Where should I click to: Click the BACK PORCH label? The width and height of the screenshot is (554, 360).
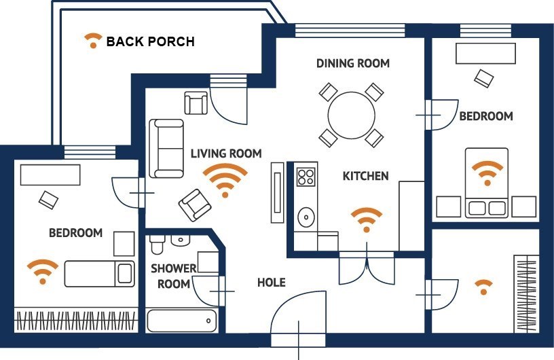point(150,41)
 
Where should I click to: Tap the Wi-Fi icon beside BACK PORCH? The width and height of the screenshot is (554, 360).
point(91,41)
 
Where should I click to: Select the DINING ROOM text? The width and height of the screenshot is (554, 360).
point(353,63)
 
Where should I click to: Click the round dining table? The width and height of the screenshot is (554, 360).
point(351,115)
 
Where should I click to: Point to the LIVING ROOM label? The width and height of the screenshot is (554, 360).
point(225,154)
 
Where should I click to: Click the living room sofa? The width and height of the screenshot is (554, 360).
point(166,147)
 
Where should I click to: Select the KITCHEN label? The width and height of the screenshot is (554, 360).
point(365,176)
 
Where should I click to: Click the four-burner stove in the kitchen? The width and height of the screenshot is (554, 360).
point(306,177)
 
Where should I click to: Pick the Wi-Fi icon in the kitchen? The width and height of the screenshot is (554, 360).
point(366,220)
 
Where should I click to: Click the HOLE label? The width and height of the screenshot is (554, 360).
point(271,282)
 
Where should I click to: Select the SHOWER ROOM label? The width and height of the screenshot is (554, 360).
point(173,276)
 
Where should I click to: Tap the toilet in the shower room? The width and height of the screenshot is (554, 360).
point(157,245)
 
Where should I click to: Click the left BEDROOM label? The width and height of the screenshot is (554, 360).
point(75,233)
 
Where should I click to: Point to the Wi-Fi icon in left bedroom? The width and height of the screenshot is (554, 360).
point(43,271)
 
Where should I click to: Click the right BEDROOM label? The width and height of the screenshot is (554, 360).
point(486,116)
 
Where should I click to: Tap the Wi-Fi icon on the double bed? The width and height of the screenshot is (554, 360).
point(486,173)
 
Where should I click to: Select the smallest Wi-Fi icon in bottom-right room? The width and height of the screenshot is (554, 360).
point(483,287)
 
